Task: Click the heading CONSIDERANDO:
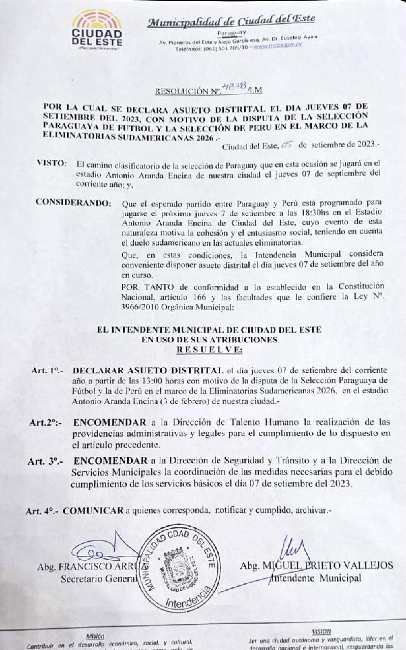tap(74, 203)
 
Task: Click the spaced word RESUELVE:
tap(209, 350)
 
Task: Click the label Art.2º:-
tap(46, 423)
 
